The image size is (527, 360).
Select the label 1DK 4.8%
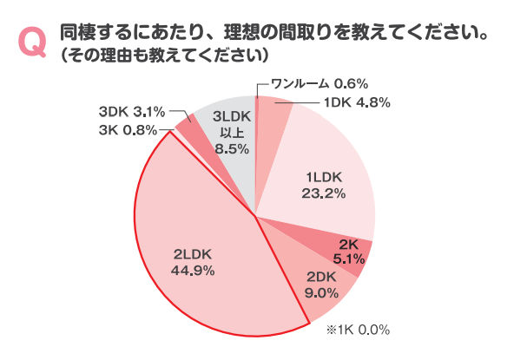(356, 102)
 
